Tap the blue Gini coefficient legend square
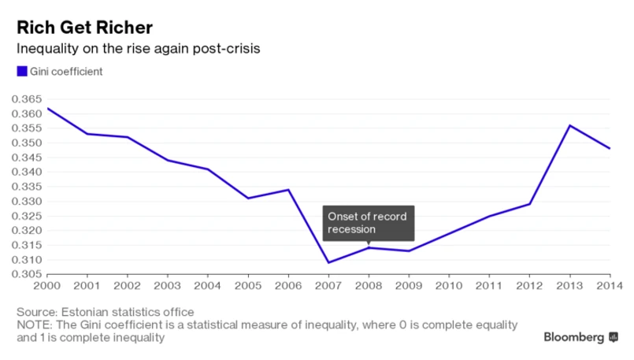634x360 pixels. click(22, 72)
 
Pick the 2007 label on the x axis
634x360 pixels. click(328, 285)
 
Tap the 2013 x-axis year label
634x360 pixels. click(569, 285)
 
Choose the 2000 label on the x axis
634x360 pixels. click(48, 285)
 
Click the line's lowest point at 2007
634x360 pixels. click(328, 262)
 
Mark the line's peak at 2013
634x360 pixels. click(569, 125)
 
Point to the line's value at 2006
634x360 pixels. click(288, 190)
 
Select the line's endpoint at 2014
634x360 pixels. click(610, 148)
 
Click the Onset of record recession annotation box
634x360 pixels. click(369, 223)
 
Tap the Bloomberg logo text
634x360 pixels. click(574, 337)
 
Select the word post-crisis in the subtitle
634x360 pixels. click(230, 49)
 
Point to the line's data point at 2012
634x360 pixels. click(529, 204)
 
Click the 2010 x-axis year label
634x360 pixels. click(449, 285)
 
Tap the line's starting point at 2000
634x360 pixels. click(48, 109)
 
